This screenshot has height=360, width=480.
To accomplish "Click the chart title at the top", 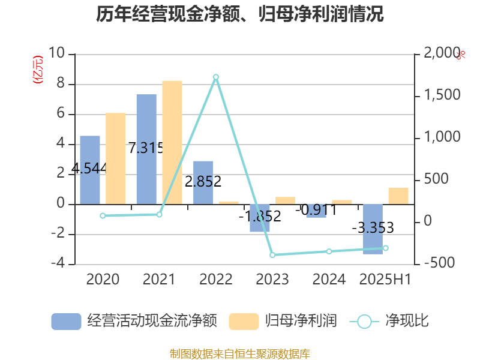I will coord(240,14).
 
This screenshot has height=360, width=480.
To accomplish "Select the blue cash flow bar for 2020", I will coord(90,170).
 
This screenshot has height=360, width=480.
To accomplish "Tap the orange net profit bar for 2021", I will coord(172,142).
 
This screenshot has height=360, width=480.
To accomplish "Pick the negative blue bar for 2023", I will coord(260,218).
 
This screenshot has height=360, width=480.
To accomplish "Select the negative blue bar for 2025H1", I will coord(373,229).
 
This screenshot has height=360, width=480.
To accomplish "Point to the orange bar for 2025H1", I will coord(398,196).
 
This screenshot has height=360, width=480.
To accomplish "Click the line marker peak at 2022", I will coord(216,77).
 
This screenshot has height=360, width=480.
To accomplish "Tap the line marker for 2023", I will coord(272,255).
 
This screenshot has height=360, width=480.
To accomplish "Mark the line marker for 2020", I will coord(103,215).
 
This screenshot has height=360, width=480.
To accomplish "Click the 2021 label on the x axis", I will coord(159,280).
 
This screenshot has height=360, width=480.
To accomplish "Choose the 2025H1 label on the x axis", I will coord(385,280).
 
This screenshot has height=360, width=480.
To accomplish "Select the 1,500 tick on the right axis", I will coord(442,95).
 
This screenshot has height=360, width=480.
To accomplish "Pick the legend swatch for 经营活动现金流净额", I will coord(66,321).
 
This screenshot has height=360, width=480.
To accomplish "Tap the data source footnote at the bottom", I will coord(240,353).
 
